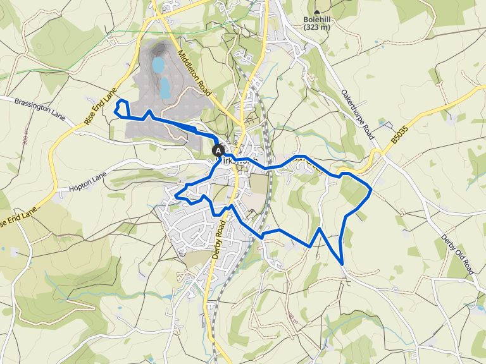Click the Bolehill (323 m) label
pos(317,23)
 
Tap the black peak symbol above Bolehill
pos(317,11)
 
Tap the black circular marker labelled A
pos(218,150)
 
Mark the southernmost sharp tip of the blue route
pos(342,263)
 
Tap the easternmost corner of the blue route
pos(371,188)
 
